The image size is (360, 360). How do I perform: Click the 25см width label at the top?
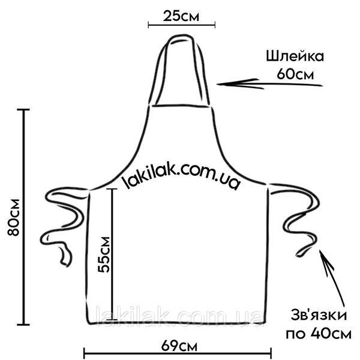pos(181,16)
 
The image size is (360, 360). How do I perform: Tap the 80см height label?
pos(14,217)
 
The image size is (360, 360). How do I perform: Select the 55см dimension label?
pos(104,254)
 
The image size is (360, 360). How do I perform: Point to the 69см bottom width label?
pos(179,346)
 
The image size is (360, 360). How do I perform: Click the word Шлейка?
pos(295,56)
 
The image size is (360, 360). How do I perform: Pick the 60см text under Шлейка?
pos(295,74)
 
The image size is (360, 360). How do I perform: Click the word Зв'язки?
pos(319,315)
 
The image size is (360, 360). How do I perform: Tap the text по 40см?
pos(319,334)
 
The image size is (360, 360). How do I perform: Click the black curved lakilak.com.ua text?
pos(181,176)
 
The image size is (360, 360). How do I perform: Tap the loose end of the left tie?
pos(67,264)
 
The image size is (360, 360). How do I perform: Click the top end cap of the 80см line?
pos(23,110)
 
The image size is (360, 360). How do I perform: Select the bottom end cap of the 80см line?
pos(23,325)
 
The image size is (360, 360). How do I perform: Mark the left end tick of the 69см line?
pos(84,353)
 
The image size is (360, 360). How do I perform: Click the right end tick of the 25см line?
pos(215,25)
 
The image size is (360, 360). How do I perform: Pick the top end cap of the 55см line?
pos(112,189)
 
